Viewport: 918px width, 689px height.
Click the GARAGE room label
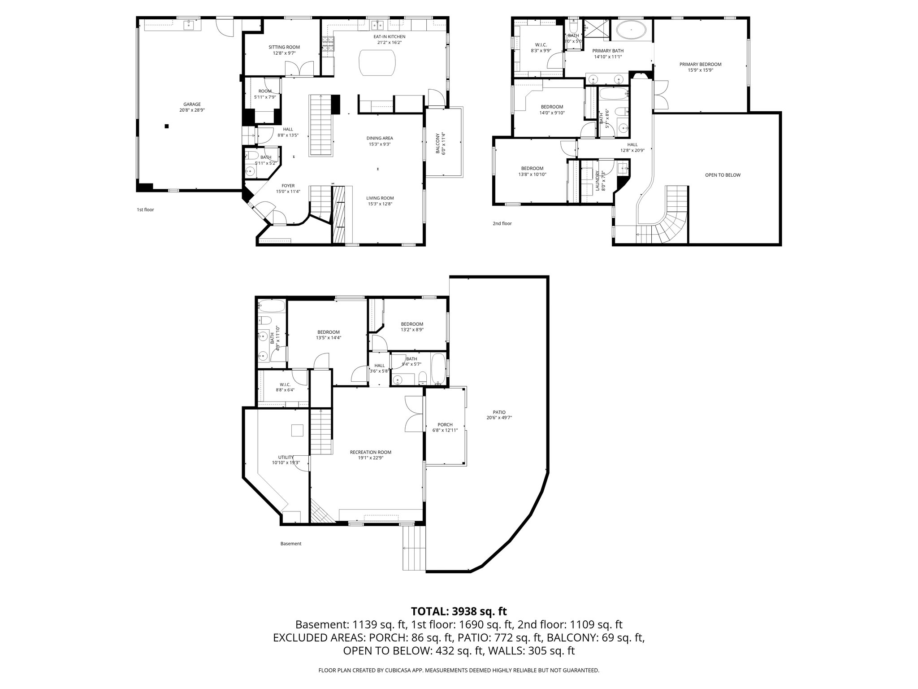(x=192, y=104)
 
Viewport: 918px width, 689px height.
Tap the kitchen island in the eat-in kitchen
(x=377, y=63)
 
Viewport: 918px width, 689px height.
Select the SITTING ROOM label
(x=284, y=47)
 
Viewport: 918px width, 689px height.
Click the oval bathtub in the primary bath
(x=632, y=31)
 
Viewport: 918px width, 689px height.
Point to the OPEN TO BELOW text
(x=723, y=175)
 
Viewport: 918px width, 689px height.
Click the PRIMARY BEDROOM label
(x=700, y=64)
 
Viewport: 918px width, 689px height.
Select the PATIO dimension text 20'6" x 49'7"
(x=499, y=418)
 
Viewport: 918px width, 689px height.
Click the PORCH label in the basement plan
(x=445, y=424)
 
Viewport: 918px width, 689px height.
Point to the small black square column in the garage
(x=167, y=126)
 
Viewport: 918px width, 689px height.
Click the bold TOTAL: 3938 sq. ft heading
(x=459, y=611)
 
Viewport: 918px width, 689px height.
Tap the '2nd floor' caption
(x=502, y=223)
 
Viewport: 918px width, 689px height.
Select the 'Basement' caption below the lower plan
(x=291, y=544)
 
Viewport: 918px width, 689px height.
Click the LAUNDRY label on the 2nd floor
(x=597, y=181)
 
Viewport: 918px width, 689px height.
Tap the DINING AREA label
(x=379, y=138)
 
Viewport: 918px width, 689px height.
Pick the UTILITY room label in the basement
(x=286, y=457)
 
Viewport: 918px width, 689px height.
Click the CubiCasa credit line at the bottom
(x=459, y=670)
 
